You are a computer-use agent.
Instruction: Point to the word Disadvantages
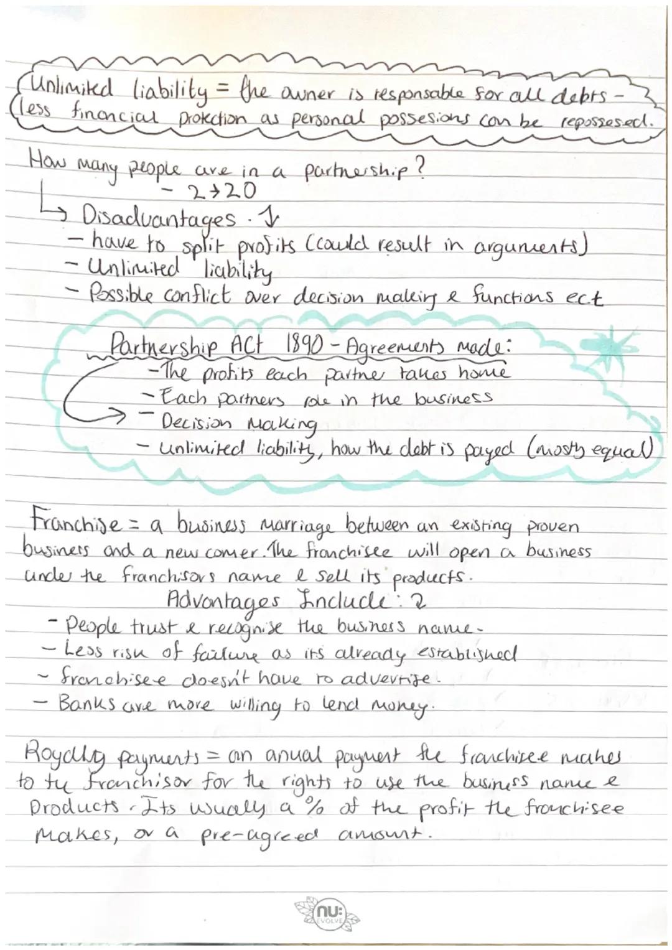(x=160, y=218)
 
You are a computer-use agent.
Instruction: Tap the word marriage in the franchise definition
(x=289, y=534)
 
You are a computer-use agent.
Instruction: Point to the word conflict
(x=197, y=295)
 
